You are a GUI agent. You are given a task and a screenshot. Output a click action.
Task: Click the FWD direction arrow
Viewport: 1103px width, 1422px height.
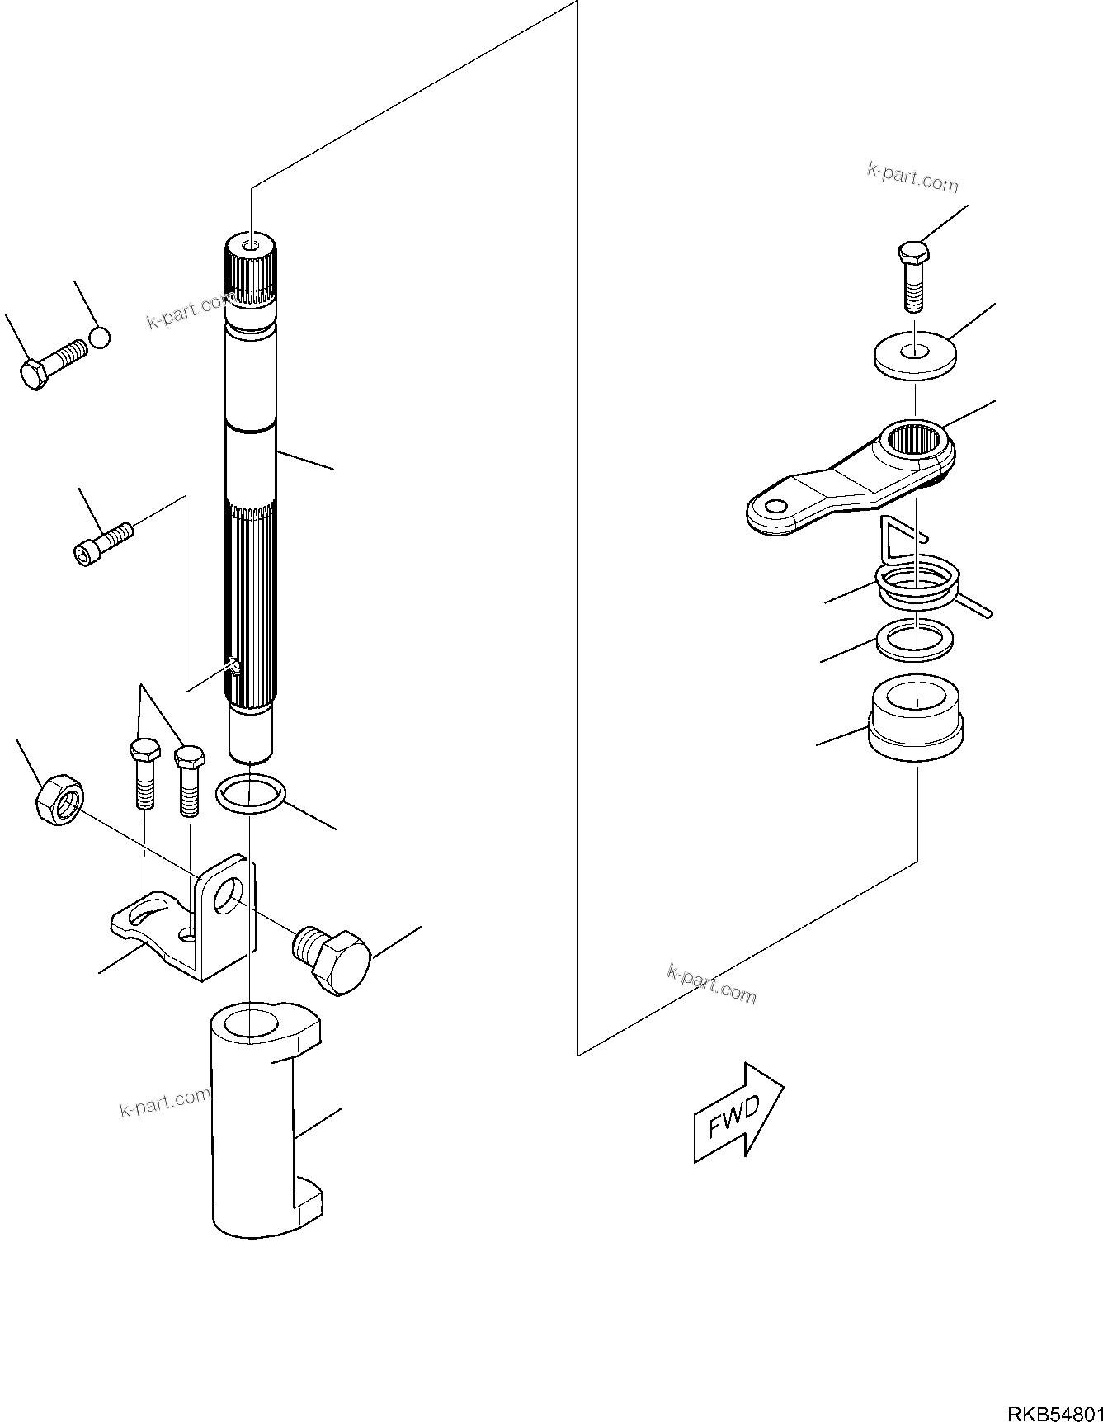pos(737,1113)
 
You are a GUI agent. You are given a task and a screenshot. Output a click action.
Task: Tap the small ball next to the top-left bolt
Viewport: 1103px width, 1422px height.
pos(100,337)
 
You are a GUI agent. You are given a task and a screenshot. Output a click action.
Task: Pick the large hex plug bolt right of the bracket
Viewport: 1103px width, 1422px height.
pos(334,961)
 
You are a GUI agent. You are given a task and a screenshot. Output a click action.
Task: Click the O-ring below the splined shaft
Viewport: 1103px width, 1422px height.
pos(251,794)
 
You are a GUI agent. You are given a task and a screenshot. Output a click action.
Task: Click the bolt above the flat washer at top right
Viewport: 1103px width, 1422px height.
pos(912,274)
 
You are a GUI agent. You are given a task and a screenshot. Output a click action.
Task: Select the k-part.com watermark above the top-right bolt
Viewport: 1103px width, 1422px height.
pos(912,177)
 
